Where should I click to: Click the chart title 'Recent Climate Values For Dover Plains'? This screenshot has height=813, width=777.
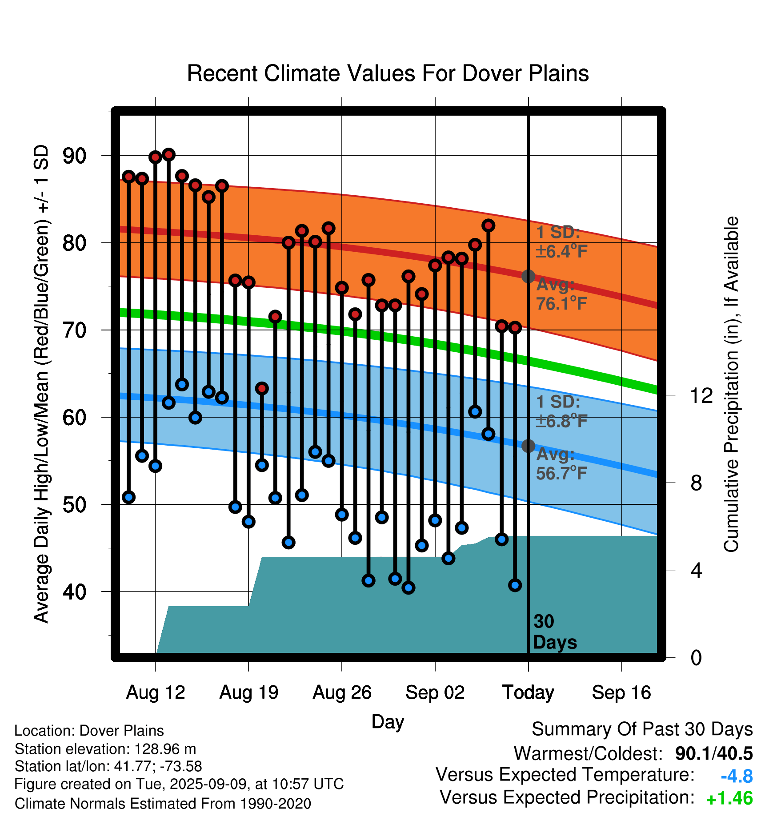point(388,73)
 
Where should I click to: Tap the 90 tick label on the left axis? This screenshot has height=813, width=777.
point(75,156)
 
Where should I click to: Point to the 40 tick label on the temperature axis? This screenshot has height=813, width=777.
point(75,592)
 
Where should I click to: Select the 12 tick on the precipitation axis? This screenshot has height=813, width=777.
point(701,395)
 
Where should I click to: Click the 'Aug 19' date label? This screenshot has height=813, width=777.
point(249,692)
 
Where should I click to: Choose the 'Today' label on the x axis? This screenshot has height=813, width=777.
point(528,692)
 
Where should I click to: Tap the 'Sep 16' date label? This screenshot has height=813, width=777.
point(621,692)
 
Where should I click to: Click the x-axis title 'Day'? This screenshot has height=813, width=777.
point(388,722)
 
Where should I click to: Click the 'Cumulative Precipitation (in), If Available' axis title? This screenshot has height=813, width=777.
point(731,384)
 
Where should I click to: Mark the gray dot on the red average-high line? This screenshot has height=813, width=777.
point(528,276)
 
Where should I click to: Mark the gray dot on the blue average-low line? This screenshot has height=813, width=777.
point(528,446)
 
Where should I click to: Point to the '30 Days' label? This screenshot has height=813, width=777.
point(555,632)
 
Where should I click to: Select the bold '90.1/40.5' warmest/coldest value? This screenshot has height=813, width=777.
point(714,754)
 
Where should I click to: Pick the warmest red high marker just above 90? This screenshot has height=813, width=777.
point(168,155)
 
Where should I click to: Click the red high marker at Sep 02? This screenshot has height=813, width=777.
point(435,266)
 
